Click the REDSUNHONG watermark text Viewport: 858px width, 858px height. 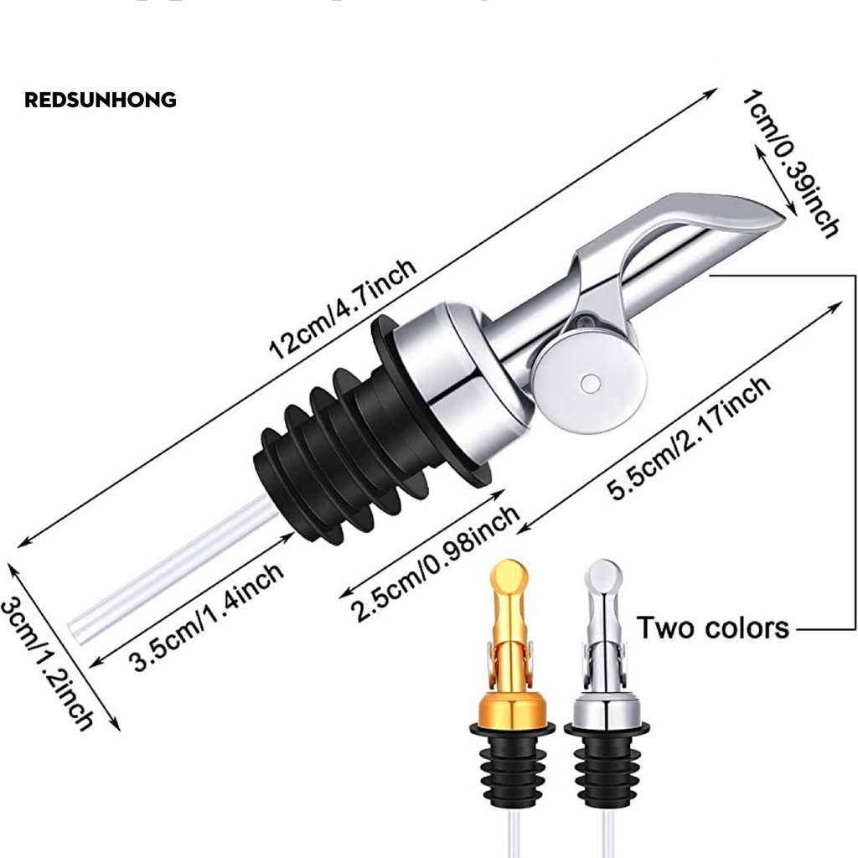(101, 101)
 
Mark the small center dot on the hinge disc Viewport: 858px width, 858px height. (590, 383)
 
